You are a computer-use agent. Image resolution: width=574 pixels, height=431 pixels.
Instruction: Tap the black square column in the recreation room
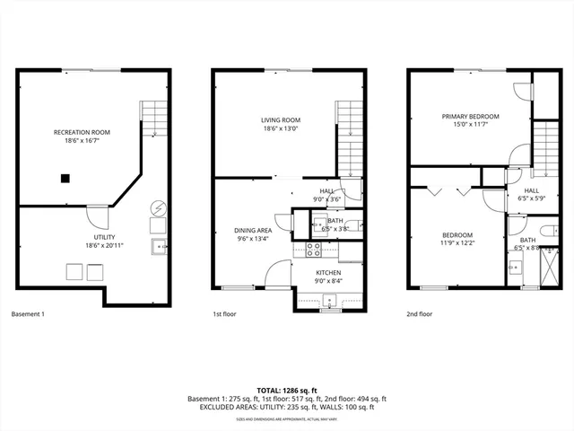(65, 178)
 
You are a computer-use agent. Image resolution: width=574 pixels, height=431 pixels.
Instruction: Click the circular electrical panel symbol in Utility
(157, 207)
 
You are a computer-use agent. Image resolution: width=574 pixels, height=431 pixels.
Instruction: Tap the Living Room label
(280, 120)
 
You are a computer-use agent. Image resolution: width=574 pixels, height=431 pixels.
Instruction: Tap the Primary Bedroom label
(470, 117)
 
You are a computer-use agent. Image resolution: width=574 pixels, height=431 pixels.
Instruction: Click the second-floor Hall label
(531, 190)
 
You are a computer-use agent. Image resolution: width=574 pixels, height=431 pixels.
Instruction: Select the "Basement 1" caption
(27, 314)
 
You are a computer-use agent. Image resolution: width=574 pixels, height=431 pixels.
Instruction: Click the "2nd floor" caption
(419, 314)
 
